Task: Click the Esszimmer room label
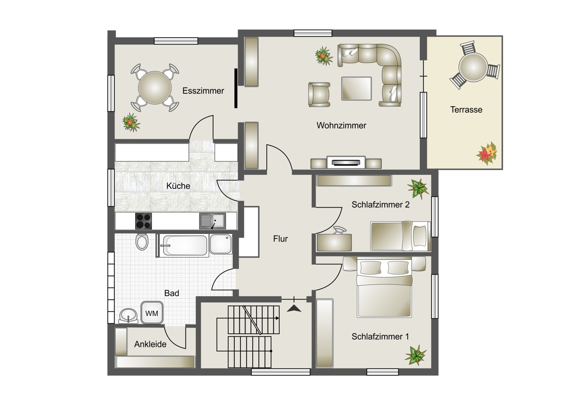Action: pos(203,91)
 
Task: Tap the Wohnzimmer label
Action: pos(341,125)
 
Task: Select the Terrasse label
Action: pos(466,110)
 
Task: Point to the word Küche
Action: pos(178,186)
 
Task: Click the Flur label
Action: pos(280,238)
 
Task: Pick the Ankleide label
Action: pos(150,344)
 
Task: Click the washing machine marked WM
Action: pos(152,312)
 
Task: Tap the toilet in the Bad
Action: pos(142,242)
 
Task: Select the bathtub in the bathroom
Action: pos(185,245)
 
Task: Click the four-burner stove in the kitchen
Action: pos(143,221)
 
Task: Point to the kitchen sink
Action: pos(212,221)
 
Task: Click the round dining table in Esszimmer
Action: pos(155,88)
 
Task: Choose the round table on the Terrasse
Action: pos(473,67)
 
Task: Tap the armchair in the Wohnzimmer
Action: pos(319,94)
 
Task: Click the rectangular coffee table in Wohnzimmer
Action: pos(357,89)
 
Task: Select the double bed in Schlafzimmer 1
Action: pos(384,287)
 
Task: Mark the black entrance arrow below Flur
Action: pos(294,308)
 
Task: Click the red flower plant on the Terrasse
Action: pos(487,153)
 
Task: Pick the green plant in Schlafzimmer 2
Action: pos(418,188)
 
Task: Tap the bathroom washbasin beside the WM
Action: pos(128,316)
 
